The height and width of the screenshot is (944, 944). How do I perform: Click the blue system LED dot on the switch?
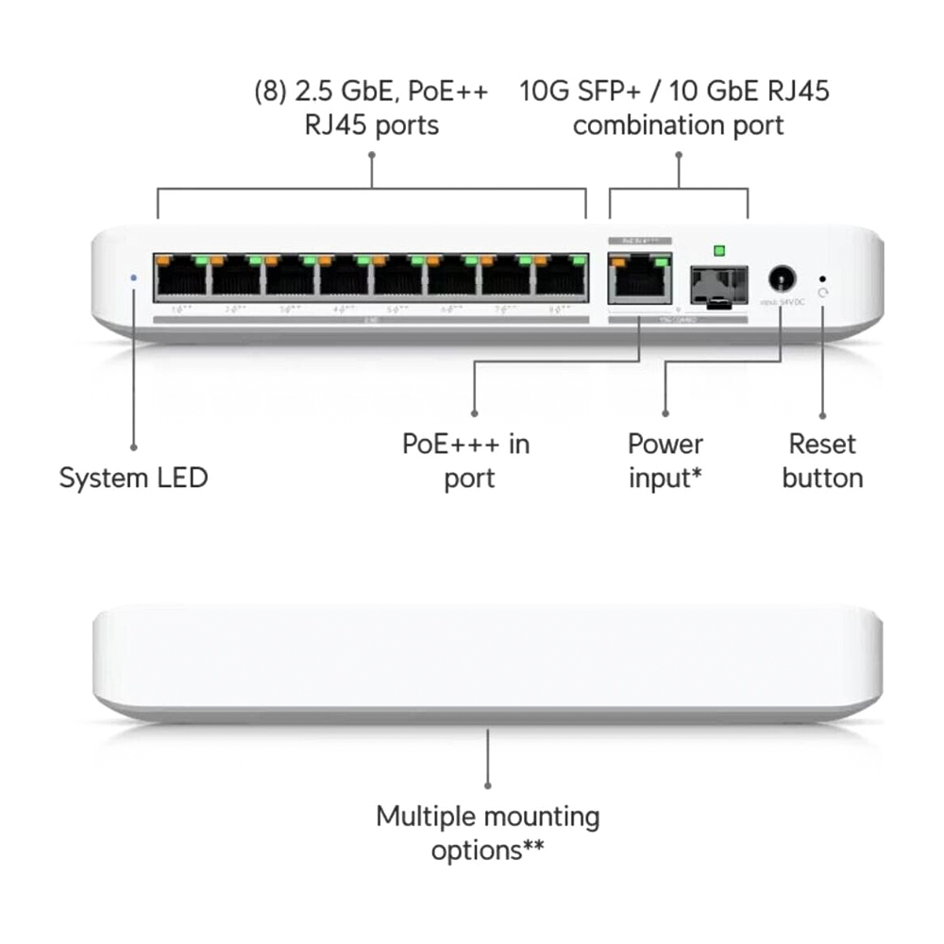(x=133, y=278)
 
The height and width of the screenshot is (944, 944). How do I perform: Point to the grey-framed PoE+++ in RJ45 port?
(x=640, y=278)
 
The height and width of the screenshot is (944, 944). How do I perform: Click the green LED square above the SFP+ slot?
(x=719, y=250)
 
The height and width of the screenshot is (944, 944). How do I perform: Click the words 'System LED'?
(x=133, y=478)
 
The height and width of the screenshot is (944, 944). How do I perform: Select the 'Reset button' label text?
(x=822, y=461)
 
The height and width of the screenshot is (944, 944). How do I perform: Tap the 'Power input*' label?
(x=666, y=461)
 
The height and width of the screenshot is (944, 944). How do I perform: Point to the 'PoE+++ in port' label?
(x=467, y=461)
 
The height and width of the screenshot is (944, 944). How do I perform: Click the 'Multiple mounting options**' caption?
(x=487, y=833)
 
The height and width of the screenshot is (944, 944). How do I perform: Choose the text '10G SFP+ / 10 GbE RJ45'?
(x=674, y=92)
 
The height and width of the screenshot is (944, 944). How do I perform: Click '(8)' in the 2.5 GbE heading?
(x=270, y=92)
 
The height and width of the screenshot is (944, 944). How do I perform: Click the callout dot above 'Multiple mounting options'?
(x=488, y=784)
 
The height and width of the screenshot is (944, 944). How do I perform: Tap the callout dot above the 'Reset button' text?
(x=822, y=414)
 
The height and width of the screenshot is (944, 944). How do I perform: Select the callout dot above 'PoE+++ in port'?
(x=474, y=413)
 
